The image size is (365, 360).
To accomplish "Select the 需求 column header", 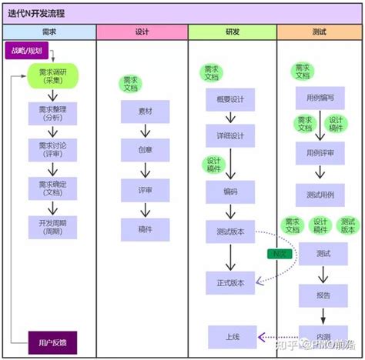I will (49, 32).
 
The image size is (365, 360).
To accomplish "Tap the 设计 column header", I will (142, 32).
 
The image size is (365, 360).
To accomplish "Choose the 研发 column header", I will (232, 32).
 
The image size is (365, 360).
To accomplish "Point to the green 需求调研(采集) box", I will (52, 78).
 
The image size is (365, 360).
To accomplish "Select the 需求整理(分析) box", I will (52, 115).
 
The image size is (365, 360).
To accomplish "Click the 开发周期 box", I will (52, 227).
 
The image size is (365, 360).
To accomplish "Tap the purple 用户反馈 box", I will (52, 342).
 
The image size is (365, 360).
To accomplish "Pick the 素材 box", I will (145, 112).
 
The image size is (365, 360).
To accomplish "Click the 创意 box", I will (145, 150).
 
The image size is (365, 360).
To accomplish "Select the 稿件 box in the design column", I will (145, 228).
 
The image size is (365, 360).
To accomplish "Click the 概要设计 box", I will (230, 101).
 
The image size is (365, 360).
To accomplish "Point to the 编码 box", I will (230, 192).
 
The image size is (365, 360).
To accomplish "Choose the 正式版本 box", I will (230, 282).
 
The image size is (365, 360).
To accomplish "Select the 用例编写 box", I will (320, 99).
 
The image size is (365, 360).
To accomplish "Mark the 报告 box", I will (323, 295).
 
